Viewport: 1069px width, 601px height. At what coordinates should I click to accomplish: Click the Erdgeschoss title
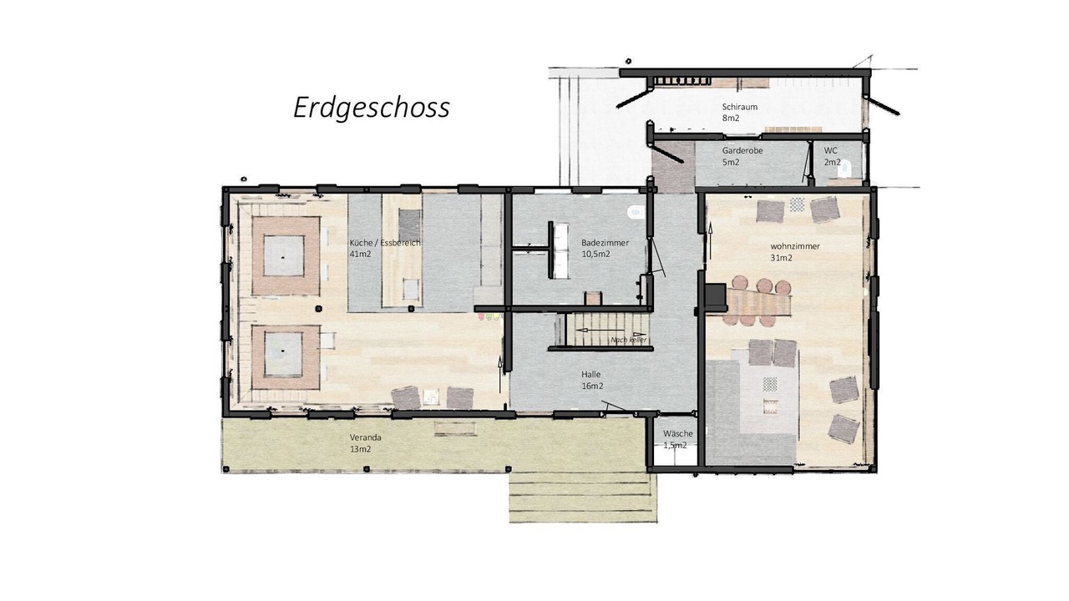point(372,109)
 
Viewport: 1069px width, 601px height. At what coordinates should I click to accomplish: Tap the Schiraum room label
point(739,107)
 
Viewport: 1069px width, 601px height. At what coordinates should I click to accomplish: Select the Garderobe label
point(742,151)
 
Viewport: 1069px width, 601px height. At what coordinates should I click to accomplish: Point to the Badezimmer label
point(605,243)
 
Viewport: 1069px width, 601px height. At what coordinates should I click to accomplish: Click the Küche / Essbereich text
point(385,243)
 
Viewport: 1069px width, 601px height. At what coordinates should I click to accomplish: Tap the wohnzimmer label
point(795,246)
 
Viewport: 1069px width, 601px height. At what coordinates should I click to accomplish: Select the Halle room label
point(590,375)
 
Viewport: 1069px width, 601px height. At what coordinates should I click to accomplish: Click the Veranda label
point(365,437)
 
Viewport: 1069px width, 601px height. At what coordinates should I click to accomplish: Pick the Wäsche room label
point(677,433)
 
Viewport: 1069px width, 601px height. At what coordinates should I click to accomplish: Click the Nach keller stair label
point(629,340)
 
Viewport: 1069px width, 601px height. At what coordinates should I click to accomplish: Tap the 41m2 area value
point(360,255)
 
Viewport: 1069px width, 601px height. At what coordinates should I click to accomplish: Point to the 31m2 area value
point(781,258)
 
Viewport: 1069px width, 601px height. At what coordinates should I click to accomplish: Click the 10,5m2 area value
point(595,255)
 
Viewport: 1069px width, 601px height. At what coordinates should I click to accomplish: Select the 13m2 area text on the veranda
point(360,449)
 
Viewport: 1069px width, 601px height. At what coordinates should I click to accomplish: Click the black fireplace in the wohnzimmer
point(716,298)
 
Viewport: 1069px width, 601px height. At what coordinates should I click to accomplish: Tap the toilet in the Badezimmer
point(636,212)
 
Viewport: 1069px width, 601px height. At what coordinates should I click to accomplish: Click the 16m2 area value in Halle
point(592,386)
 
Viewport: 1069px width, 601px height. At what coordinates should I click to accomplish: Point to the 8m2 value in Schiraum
point(730,119)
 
